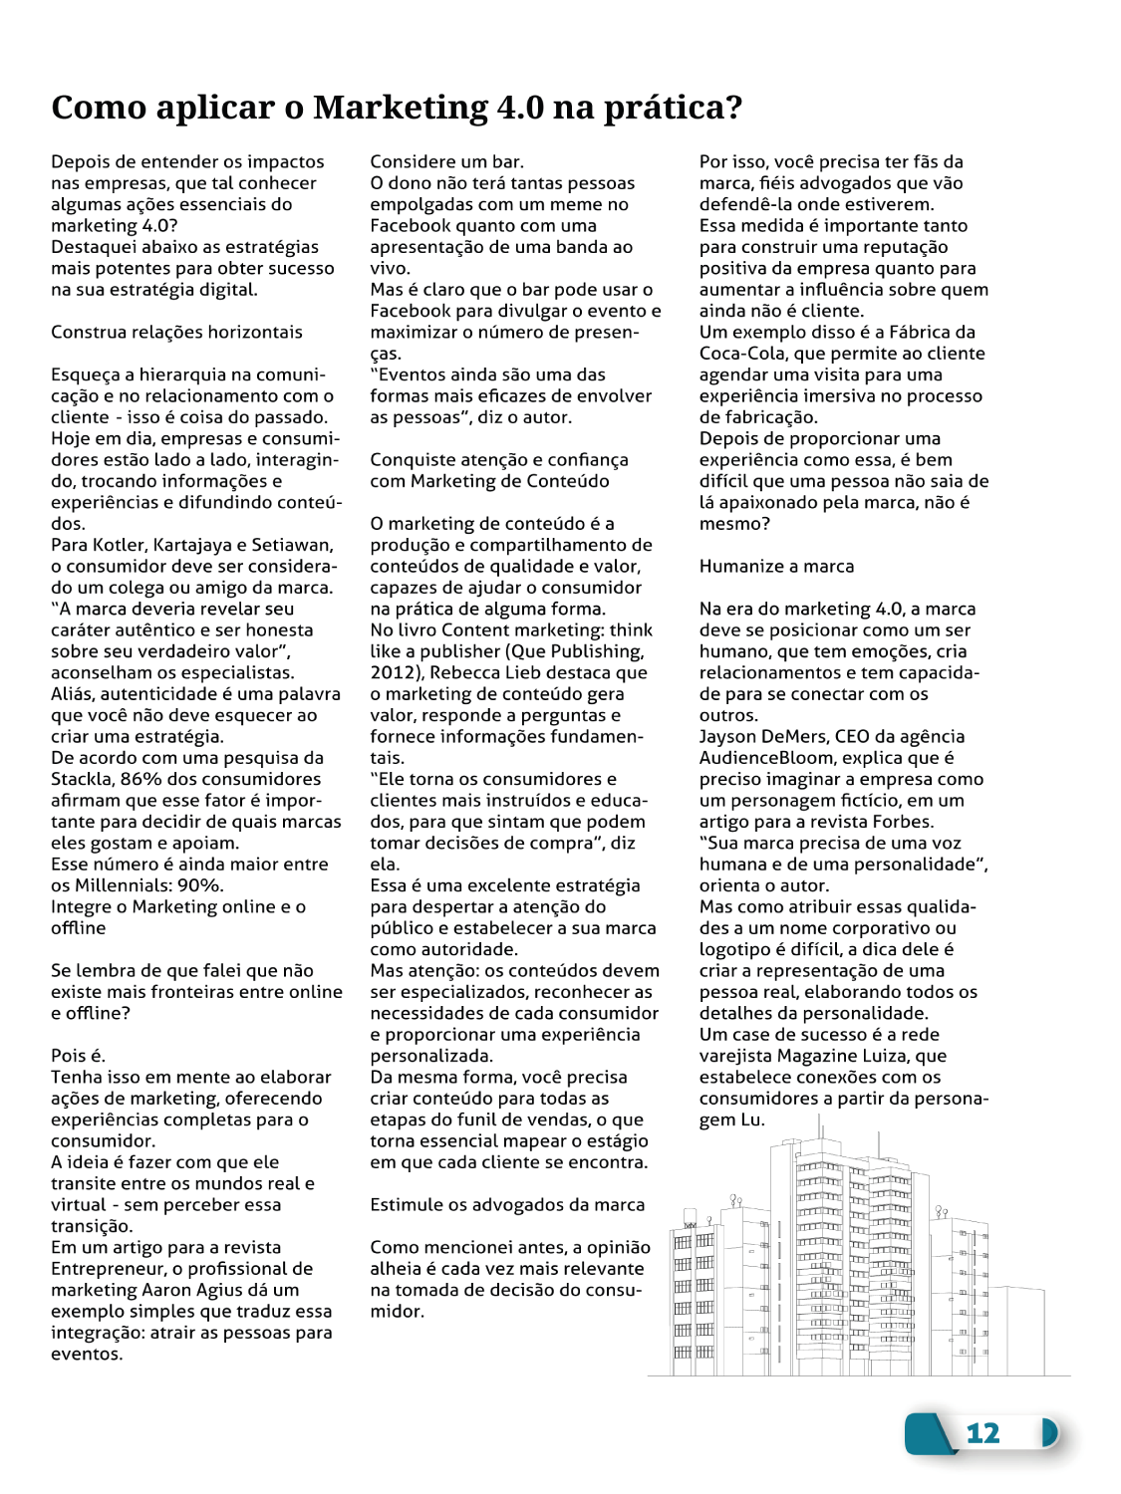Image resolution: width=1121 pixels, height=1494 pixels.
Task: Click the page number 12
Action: [x=982, y=1433]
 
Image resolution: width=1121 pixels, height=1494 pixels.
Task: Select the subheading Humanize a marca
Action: [x=776, y=566]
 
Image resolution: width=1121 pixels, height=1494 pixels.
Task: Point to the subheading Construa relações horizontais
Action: [x=176, y=332]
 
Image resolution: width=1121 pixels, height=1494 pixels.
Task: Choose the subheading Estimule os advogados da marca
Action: [x=507, y=1204]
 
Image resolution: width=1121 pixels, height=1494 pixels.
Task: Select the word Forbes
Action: [x=903, y=822]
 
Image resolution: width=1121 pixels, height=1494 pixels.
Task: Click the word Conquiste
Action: [x=414, y=460]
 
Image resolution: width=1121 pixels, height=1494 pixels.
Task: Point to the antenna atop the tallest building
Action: [x=819, y=1125]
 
